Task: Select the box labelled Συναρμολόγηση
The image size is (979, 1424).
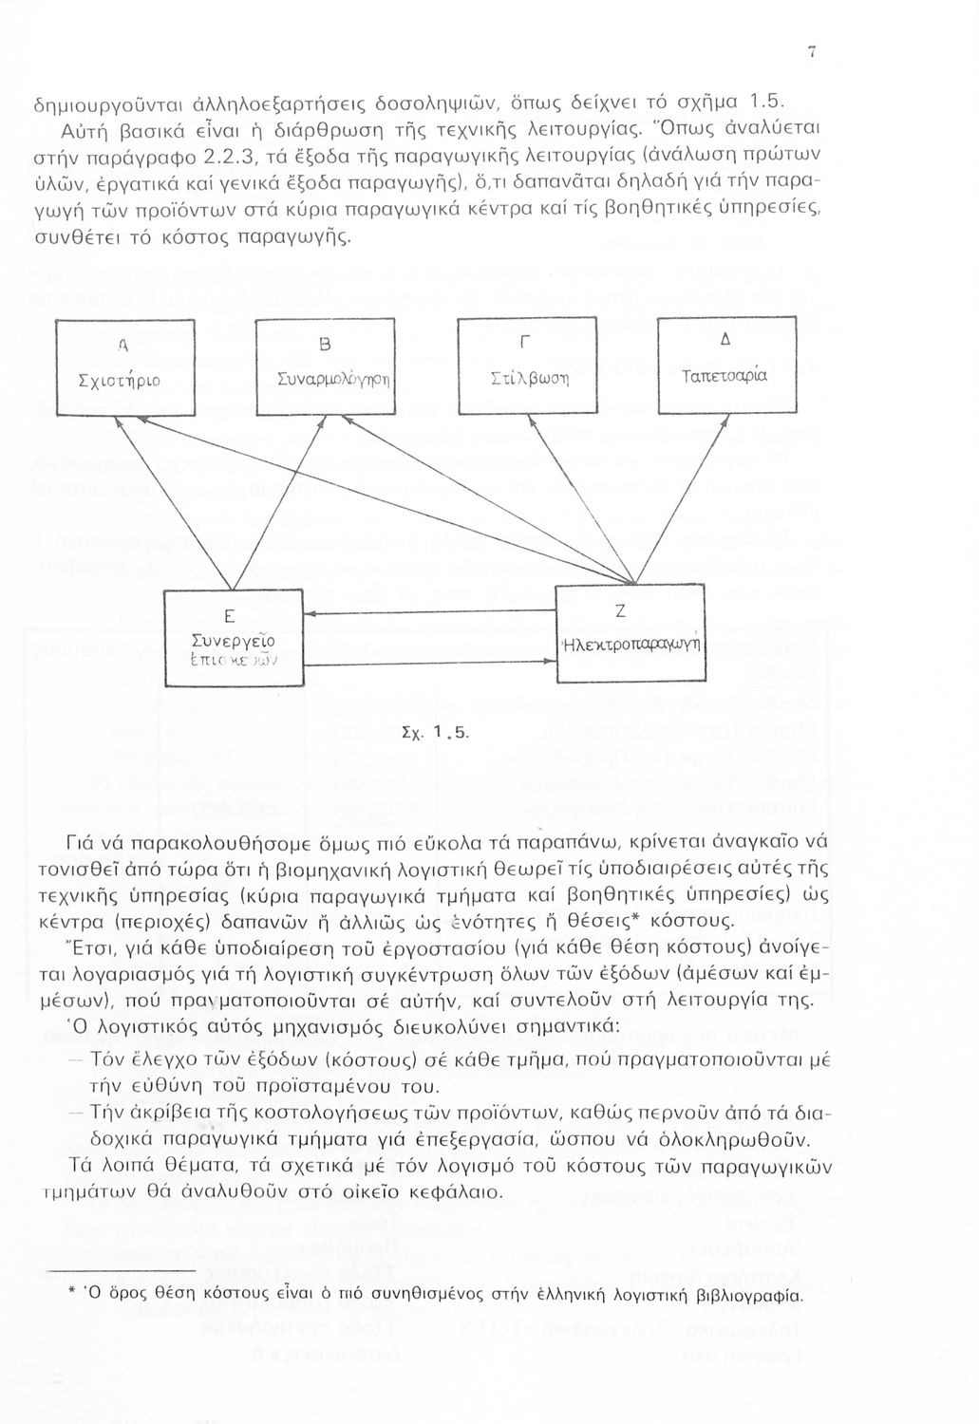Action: coord(326,366)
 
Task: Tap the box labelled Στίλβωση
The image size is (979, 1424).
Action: coord(527,365)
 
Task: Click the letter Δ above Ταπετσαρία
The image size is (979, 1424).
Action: coord(725,340)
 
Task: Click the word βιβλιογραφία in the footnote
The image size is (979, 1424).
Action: coord(749,1295)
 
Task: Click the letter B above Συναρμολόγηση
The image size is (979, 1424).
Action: coord(324,343)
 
